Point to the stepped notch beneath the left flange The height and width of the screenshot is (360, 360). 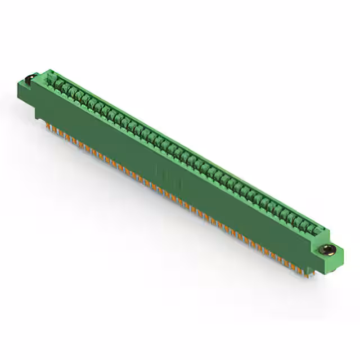coord(38,115)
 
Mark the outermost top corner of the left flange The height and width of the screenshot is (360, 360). coord(19,80)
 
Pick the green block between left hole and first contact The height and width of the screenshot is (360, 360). coord(45,79)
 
